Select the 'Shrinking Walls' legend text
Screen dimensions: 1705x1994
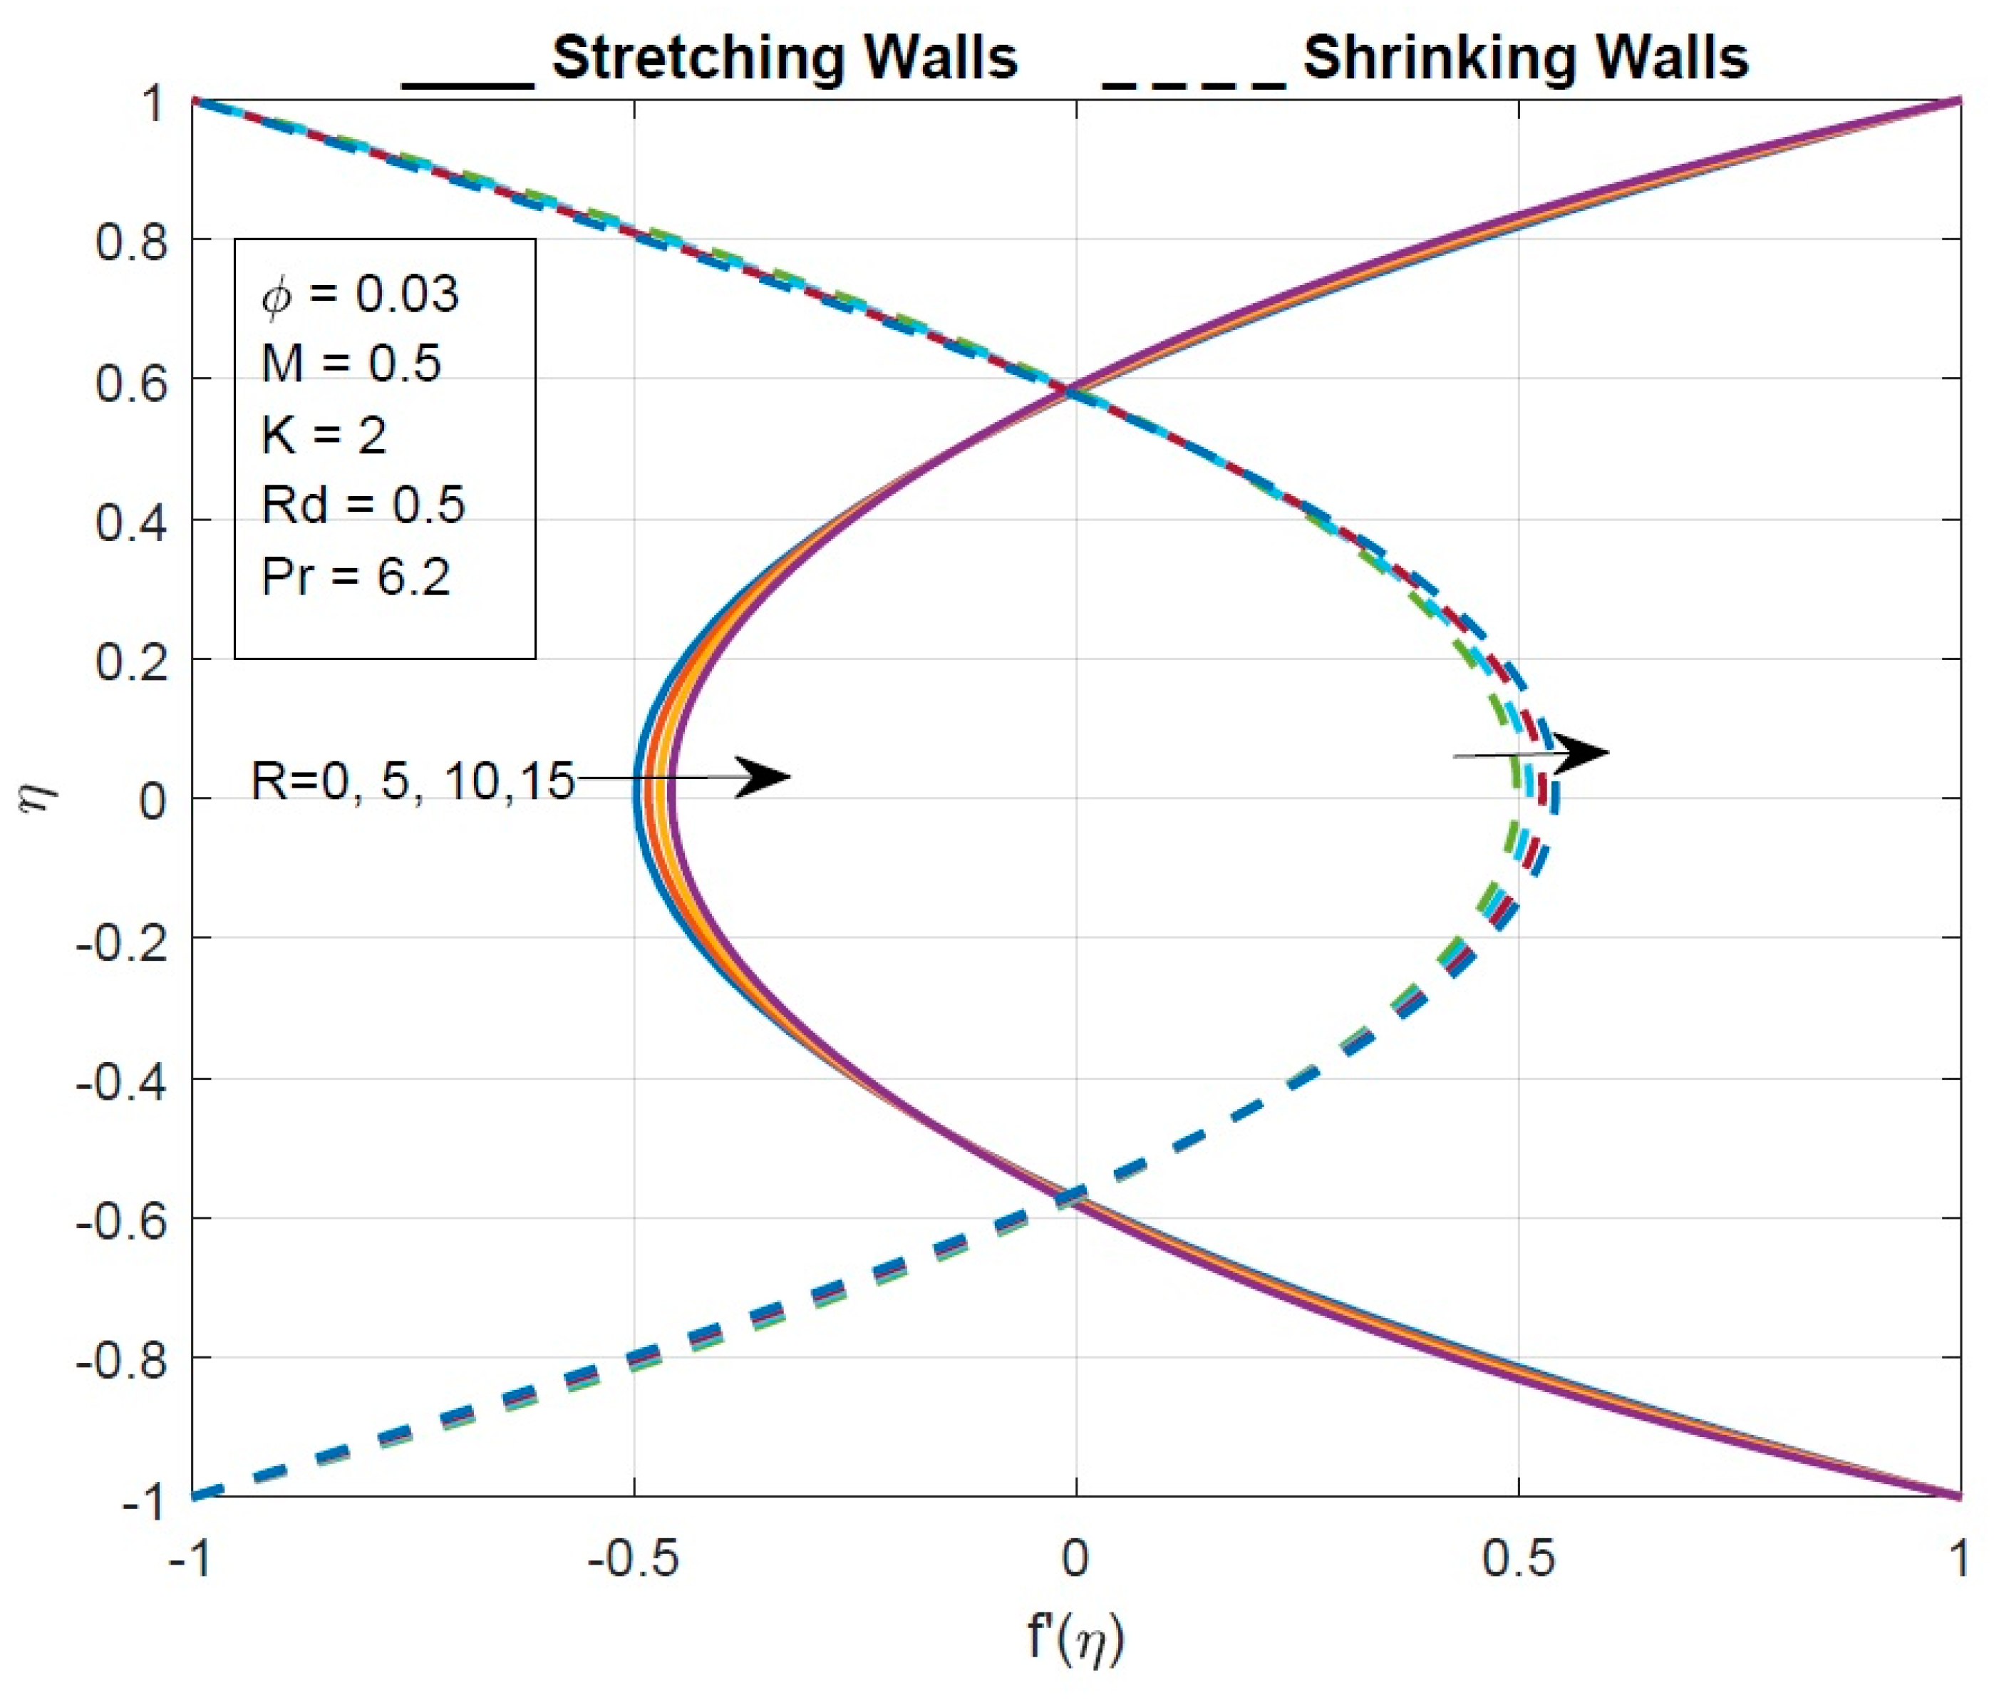pos(1524,58)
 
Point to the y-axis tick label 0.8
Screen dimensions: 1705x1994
pos(131,242)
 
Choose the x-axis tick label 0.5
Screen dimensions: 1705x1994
pos(1518,1557)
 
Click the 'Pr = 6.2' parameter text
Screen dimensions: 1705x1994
pos(356,577)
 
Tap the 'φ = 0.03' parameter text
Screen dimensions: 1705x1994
pos(360,294)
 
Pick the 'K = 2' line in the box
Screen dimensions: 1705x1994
pos(324,435)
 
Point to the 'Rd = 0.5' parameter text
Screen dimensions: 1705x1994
pos(363,505)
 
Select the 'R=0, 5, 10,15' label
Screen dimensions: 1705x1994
pos(412,781)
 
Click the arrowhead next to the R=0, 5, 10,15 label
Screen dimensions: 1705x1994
pos(765,777)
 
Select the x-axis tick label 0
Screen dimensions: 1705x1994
pos(1075,1557)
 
